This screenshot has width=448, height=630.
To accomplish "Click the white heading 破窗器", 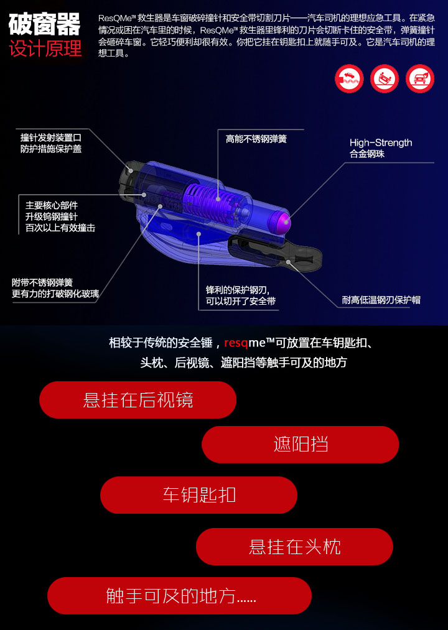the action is [x=44, y=24].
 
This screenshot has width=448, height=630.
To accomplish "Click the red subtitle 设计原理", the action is [x=45, y=49].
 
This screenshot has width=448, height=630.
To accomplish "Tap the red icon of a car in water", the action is [x=349, y=78].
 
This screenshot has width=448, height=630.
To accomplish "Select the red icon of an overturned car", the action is [x=385, y=78].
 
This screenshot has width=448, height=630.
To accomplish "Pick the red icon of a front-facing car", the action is [x=420, y=78].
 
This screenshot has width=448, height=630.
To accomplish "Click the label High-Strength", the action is [x=381, y=142].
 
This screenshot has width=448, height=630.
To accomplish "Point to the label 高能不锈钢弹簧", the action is [x=256, y=139].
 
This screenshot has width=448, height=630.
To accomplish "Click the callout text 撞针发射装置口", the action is [x=51, y=137].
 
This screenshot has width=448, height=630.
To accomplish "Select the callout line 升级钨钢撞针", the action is [x=52, y=216].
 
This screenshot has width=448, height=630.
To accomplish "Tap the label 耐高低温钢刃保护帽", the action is [x=381, y=300].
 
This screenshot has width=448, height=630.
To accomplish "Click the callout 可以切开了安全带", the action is [x=241, y=301].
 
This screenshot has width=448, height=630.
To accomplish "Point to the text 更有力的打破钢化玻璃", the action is [x=55, y=294].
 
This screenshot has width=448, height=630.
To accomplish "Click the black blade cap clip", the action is [x=275, y=252].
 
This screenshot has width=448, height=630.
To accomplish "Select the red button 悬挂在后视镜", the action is [x=138, y=400].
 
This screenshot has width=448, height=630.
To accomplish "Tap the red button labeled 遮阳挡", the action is [x=301, y=445].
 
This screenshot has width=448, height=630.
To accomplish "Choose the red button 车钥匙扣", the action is [x=198, y=494].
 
